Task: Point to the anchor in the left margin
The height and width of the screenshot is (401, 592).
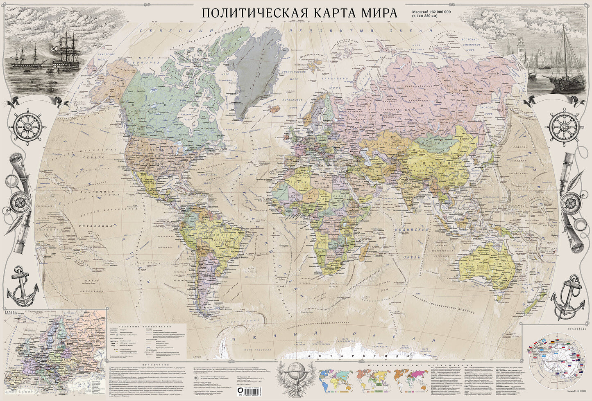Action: click(x=20, y=282)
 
